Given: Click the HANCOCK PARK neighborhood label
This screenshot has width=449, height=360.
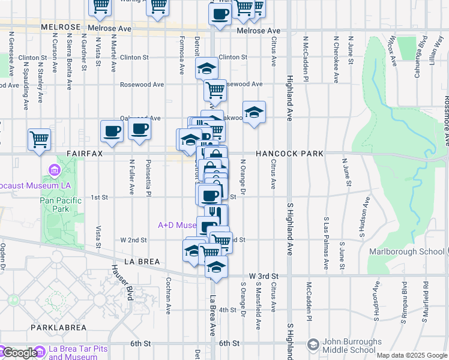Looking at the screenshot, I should pyautogui.click(x=289, y=154).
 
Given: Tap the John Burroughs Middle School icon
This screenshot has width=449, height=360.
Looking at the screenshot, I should pyautogui.click(x=313, y=344).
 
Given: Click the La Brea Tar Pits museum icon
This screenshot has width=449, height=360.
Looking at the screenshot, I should pyautogui.click(x=40, y=351).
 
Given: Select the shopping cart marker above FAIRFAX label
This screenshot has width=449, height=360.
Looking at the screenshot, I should pyautogui.click(x=39, y=139).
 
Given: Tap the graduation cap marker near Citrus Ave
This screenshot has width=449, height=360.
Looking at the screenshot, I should pyautogui.click(x=255, y=112).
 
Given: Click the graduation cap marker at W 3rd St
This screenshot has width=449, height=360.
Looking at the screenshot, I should pyautogui.click(x=216, y=267).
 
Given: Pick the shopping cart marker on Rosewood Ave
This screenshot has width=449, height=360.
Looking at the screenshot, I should pyautogui.click(x=215, y=91).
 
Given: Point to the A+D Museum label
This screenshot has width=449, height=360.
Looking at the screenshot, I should pyautogui.click(x=177, y=226).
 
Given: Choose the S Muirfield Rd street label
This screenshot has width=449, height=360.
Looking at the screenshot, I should pyautogui.click(x=424, y=299).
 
